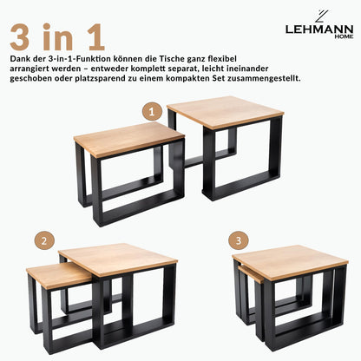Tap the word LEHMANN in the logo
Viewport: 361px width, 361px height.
pos(318,30)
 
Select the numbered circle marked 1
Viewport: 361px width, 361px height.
pos(153,112)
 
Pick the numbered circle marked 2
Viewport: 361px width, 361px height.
pos(41,240)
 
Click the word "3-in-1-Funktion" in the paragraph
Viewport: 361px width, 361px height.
pos(83,57)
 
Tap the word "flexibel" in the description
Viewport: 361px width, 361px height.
pos(267,57)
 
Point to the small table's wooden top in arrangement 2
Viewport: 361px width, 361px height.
pos(56,274)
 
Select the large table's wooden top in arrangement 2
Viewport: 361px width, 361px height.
pos(118,258)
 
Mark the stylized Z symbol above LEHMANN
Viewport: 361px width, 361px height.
pos(319,15)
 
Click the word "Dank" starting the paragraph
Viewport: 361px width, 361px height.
pos(19,57)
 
